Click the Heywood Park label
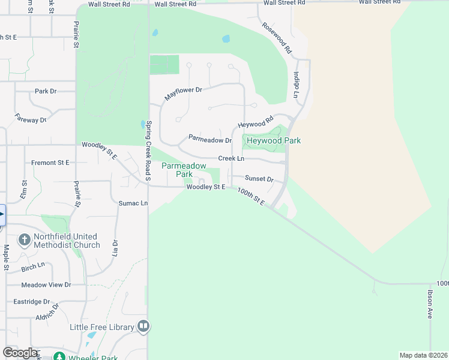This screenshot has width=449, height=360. pos(273,140)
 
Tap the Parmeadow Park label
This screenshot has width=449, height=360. pos(184,170)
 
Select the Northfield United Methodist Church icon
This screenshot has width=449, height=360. pos(24,241)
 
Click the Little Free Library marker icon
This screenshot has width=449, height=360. pos(143,326)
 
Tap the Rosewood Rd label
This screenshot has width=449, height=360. pos(276,38)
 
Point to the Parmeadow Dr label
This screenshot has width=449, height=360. pos(210,139)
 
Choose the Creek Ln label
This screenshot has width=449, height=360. pos(231,158)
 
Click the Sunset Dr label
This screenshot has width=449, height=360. pos(259,179)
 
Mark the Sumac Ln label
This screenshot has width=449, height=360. pos(133,203)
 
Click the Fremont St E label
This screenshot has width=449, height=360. pos(51,163)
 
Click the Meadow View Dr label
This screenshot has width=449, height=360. pos(46,285)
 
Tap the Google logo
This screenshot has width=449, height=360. pos(20,353)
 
